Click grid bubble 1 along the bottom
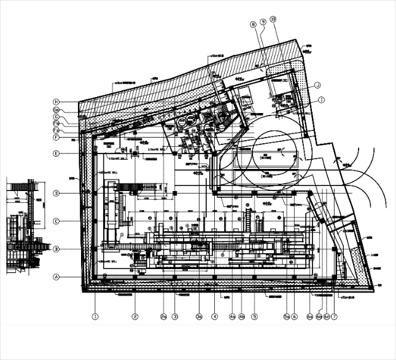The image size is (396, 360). coord(95,317)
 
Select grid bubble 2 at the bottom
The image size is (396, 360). coord(135,317)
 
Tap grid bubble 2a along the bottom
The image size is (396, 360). coord(164,317)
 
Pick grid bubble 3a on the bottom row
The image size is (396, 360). coord(199,317)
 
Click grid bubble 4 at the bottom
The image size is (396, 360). coord(215,317)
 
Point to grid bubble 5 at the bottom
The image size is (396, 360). coord(254,317)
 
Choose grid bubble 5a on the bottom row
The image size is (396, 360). coord(286,317)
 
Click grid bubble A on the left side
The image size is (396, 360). coord(56,277)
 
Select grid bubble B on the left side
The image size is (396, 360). coord(56,249)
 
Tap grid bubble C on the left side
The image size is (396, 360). coord(56,221)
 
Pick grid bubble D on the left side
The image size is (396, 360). coord(56,193)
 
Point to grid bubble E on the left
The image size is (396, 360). coord(56,154)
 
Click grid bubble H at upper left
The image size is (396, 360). coord(56,101)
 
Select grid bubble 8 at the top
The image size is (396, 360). coord(252,25)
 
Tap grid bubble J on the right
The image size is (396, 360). coord(318,85)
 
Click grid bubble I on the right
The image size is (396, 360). coord(322,99)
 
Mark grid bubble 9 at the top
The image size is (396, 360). coord(263,22)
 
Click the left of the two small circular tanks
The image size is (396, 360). coord(181,122)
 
